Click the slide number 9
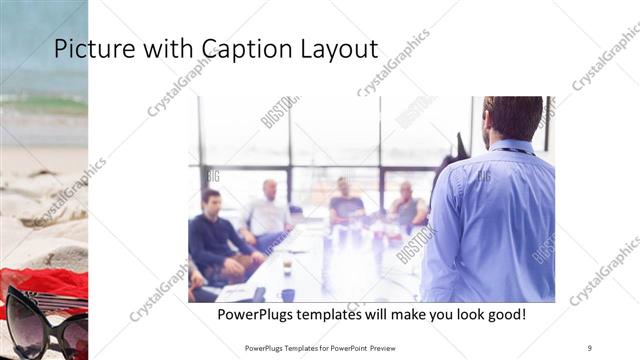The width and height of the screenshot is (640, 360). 590,347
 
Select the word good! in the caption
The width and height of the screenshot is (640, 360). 505,315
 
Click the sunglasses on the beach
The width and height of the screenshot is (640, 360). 45,318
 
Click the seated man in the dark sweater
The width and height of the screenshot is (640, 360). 214,240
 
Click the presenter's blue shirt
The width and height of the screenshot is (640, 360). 490,220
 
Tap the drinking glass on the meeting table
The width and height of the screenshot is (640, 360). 287,266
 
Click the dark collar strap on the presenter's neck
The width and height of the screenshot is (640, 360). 511,149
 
